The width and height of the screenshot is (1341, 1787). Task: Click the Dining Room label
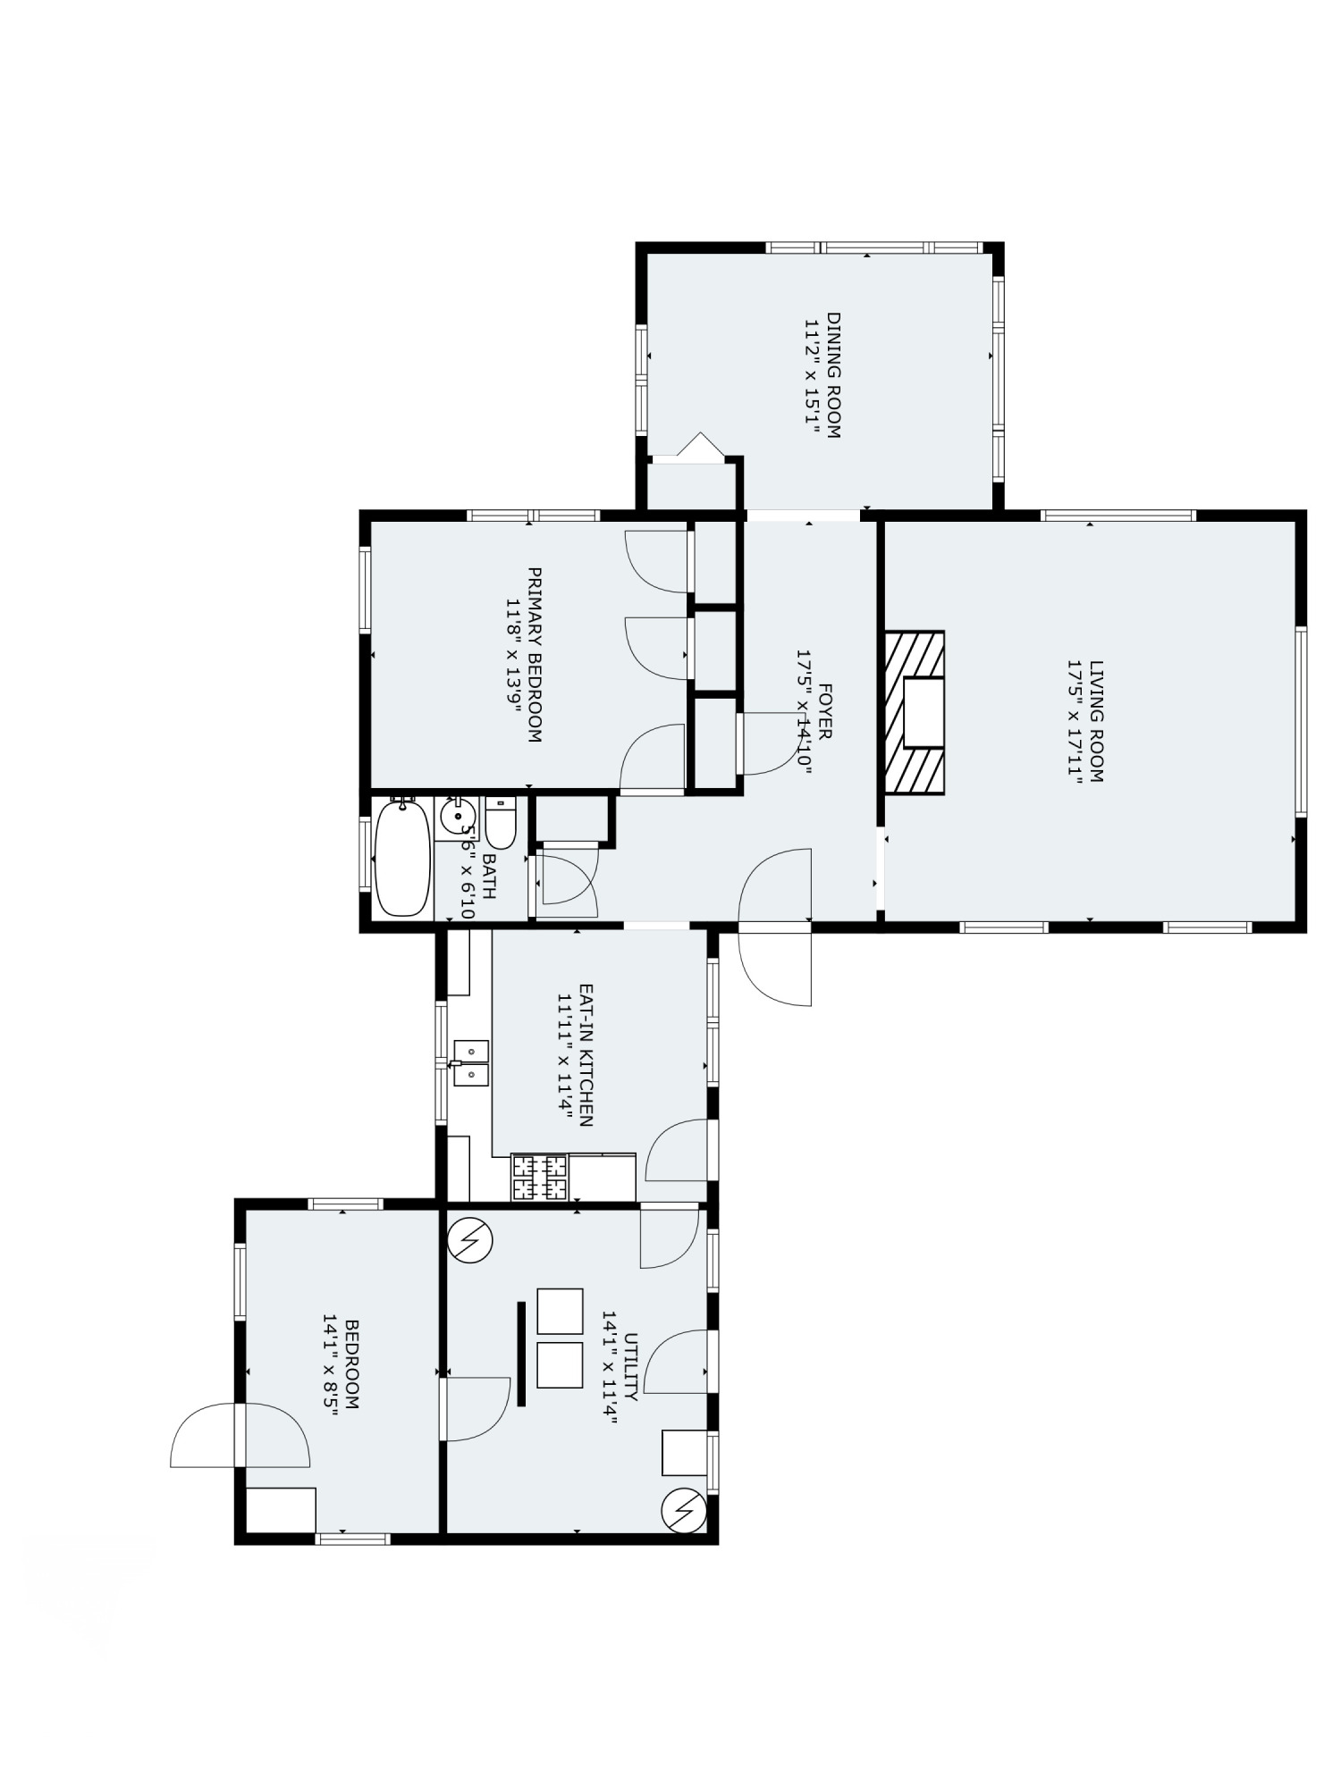833,374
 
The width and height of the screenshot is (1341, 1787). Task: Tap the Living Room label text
1097,721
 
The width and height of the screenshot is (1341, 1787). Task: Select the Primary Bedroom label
535,655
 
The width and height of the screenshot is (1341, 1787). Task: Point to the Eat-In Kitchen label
586,1055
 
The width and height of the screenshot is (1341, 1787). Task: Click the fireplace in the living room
915,712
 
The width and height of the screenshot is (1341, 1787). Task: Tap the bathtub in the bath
402,858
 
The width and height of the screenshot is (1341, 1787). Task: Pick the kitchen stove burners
539,1177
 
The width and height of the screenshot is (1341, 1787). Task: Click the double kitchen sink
471,1062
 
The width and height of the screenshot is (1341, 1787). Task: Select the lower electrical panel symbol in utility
684,1511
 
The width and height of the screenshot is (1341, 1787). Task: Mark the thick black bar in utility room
521,1354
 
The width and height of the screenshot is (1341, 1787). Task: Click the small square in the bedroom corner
281,1509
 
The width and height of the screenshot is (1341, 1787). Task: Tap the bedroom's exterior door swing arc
206,1433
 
